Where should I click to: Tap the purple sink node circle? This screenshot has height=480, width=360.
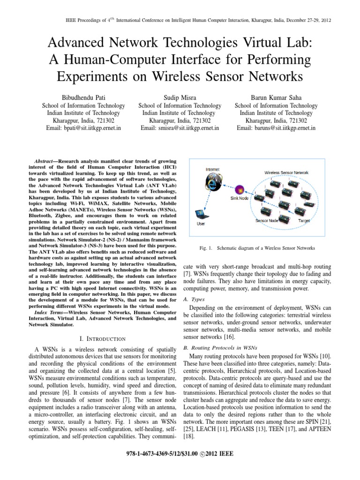(x=240, y=190)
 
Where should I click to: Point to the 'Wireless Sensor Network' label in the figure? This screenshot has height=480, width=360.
(x=286, y=172)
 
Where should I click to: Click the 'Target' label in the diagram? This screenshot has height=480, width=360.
(x=303, y=220)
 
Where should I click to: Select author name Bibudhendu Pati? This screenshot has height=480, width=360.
(x=83, y=97)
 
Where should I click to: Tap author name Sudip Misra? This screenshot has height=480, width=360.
(x=180, y=97)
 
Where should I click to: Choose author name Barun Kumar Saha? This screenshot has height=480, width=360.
(x=276, y=97)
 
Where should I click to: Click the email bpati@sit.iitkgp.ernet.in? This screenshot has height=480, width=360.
(x=83, y=128)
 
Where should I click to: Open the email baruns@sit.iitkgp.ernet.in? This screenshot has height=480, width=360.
(x=276, y=128)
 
